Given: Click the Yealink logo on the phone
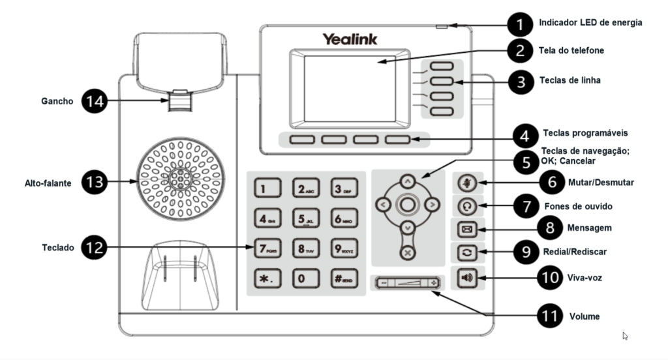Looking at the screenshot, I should tap(349, 39).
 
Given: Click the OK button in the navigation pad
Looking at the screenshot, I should tap(407, 205).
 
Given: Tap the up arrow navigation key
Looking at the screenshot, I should tap(407, 181).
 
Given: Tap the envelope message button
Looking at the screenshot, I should tap(467, 230).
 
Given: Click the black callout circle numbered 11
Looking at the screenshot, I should tap(549, 316).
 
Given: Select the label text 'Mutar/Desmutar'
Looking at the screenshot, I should tap(600, 183).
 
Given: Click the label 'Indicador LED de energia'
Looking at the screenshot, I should tap(590, 23).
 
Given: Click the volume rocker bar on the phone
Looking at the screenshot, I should tap(407, 283).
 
